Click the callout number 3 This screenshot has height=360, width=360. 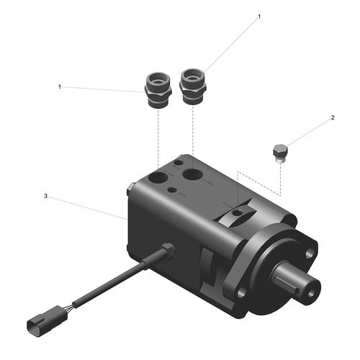tap(46, 195)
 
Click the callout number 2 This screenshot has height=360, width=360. tap(333, 117)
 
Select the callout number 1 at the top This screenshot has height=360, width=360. tap(259, 15)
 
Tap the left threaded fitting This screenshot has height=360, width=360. tap(158, 90)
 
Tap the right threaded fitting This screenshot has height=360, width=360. tap(193, 86)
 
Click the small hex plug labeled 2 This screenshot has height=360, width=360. tap(279, 153)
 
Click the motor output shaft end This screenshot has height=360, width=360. tap(308, 285)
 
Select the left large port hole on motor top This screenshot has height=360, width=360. tap(157, 176)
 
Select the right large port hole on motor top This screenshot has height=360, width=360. tap(193, 174)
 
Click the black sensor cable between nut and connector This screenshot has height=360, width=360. tap(108, 284)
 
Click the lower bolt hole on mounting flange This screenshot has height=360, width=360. tap(242, 292)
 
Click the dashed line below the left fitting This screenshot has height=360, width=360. tap(158, 137)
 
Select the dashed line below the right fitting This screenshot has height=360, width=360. tap(193, 133)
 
